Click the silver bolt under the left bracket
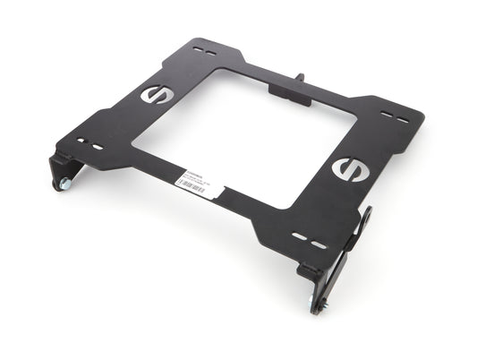(64, 184)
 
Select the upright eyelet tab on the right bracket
(367, 220)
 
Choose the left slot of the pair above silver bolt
(81, 141)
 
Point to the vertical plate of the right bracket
(345, 268)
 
